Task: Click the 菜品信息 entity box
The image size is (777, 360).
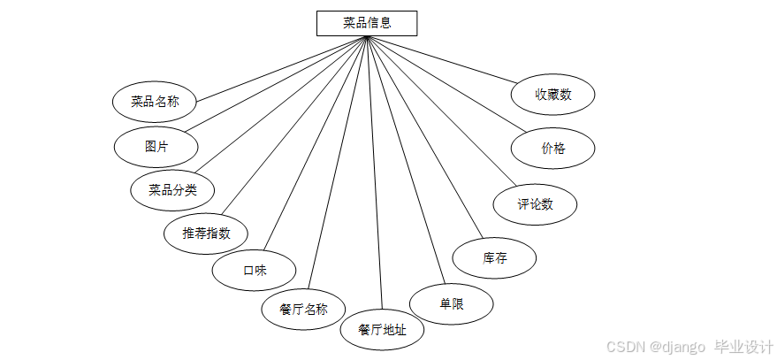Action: pyautogui.click(x=366, y=23)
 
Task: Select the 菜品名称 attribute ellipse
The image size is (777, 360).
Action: pyautogui.click(x=155, y=102)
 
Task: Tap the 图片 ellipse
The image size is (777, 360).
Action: pyautogui.click(x=156, y=146)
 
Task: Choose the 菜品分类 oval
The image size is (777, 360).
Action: pyautogui.click(x=172, y=189)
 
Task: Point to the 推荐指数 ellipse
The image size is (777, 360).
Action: pyautogui.click(x=206, y=234)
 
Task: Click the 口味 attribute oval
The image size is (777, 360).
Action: pyautogui.click(x=255, y=271)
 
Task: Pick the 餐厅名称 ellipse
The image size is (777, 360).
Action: pyautogui.click(x=303, y=309)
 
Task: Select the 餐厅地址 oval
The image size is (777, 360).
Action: pyautogui.click(x=382, y=330)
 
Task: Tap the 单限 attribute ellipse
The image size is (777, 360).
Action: pyautogui.click(x=451, y=303)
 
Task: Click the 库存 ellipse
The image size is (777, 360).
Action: pyautogui.click(x=494, y=258)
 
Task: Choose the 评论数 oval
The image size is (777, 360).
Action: pyautogui.click(x=535, y=204)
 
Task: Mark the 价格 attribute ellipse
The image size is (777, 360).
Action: pyautogui.click(x=552, y=149)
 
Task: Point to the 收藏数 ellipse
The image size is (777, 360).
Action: pyautogui.click(x=552, y=95)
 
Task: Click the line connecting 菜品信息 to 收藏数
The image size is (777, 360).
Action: pyautogui.click(x=442, y=59)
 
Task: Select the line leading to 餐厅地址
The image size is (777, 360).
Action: pyautogui.click(x=375, y=177)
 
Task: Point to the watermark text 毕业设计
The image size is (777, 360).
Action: pyautogui.click(x=744, y=346)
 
